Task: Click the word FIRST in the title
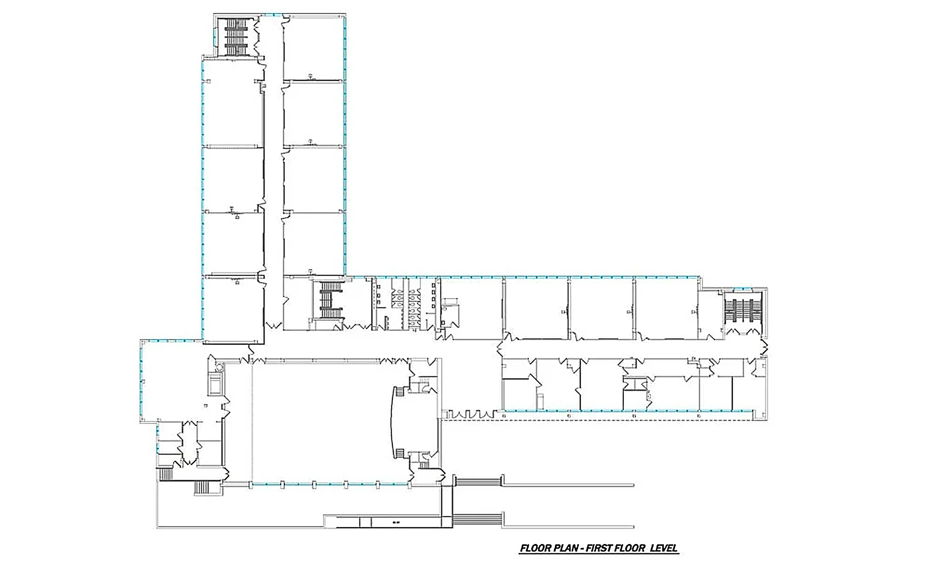(x=600, y=548)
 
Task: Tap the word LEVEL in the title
(x=663, y=548)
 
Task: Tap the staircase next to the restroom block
(x=331, y=299)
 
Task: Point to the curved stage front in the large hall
(x=392, y=421)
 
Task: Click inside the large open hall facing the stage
(x=321, y=421)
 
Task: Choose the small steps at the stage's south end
(x=399, y=454)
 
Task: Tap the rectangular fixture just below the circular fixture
(x=216, y=384)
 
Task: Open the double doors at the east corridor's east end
(x=764, y=346)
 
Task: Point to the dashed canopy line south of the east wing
(x=603, y=420)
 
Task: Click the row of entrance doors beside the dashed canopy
(x=471, y=414)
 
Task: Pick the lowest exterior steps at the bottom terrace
(x=477, y=518)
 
